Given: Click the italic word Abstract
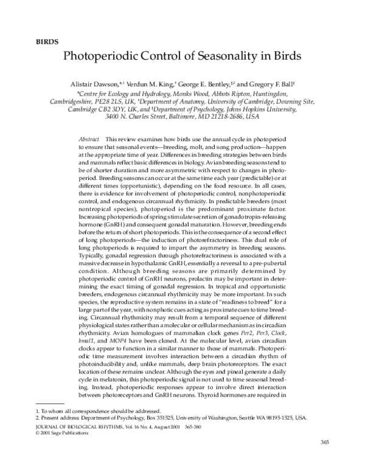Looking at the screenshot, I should pyautogui.click(x=89, y=139).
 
